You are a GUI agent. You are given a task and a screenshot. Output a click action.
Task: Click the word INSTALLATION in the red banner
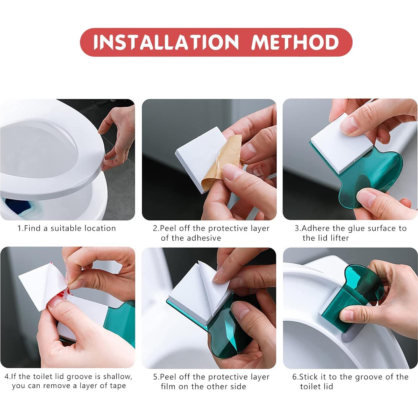(166, 42)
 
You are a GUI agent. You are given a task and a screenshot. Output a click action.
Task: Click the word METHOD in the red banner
(295, 42)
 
